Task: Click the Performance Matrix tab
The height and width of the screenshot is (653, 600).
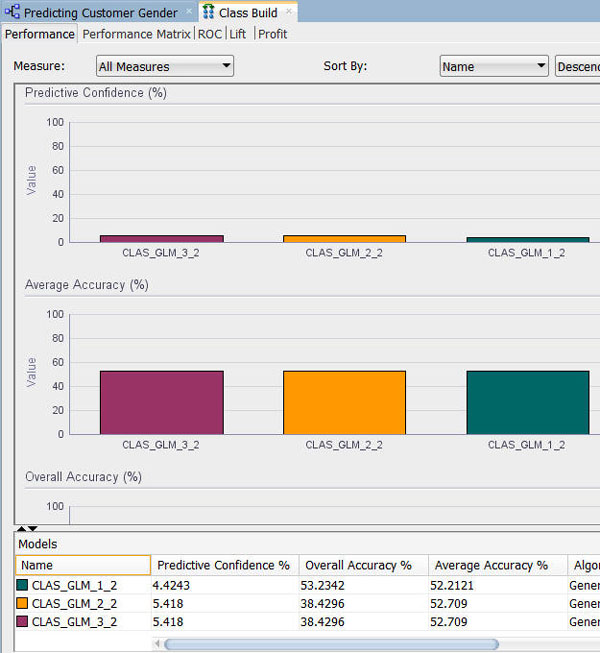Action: [136, 34]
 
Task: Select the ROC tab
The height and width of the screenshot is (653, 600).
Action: [210, 34]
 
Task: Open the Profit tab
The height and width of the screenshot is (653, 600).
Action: [272, 34]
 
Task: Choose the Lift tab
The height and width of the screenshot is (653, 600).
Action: [238, 34]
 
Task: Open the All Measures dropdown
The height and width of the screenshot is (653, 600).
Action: [165, 67]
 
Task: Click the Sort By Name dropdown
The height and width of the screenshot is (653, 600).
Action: [494, 67]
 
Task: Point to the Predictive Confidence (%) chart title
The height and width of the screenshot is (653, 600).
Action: [96, 93]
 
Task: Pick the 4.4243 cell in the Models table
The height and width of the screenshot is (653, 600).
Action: [176, 586]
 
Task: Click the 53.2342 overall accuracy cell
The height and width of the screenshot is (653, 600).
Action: [327, 586]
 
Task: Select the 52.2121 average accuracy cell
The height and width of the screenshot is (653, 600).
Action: [461, 586]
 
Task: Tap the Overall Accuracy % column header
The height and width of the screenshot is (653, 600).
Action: [358, 565]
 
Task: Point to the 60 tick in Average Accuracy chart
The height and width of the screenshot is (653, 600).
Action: [57, 362]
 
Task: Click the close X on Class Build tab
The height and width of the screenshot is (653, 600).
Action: [289, 12]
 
